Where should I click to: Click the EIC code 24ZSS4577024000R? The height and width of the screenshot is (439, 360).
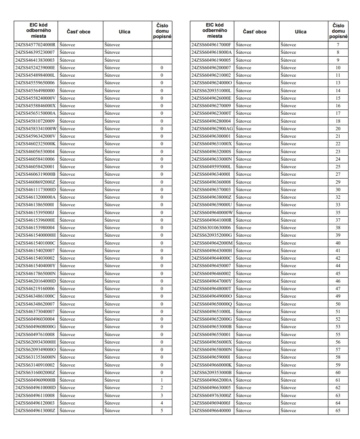tap(35, 45)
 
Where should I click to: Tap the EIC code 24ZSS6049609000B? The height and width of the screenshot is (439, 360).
tap(35, 380)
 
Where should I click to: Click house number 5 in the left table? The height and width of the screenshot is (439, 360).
tap(162, 411)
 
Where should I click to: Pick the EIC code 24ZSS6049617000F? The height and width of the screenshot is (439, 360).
tap(211, 45)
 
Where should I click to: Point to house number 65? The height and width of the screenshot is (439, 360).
tap(338, 411)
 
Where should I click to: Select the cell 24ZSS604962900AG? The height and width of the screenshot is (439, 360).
tap(212, 129)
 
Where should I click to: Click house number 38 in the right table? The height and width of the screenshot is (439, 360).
tap(338, 228)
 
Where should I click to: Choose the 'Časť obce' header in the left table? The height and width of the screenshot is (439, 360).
tap(79, 32)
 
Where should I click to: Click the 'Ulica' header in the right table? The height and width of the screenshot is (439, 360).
tap(300, 32)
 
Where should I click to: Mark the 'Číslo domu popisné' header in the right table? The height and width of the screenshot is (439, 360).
tap(338, 31)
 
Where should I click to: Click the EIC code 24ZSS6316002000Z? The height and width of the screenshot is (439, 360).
tap(35, 373)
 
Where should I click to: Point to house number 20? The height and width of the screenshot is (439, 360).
tap(338, 129)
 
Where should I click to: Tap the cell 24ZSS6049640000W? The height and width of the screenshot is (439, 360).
tap(212, 212)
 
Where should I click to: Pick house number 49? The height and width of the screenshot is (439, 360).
tap(338, 296)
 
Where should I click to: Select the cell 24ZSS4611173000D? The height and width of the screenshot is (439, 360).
tap(35, 190)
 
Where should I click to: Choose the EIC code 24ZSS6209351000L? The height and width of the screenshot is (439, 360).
tap(211, 91)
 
